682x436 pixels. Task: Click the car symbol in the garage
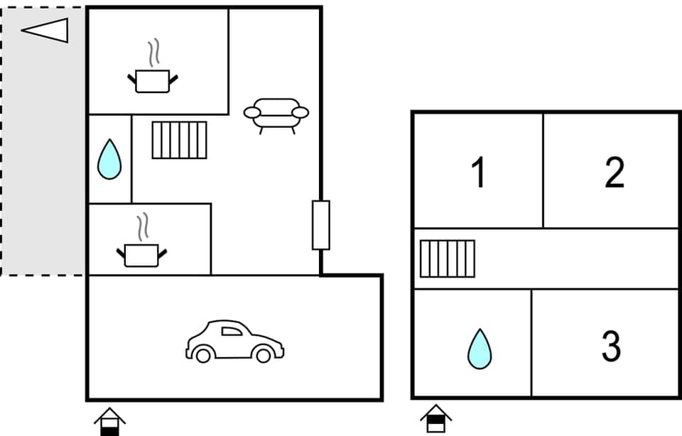click(x=234, y=342)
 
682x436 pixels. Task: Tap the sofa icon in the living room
click(x=276, y=114)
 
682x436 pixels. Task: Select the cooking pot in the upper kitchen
click(x=153, y=80)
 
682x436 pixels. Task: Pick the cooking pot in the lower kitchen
click(x=142, y=254)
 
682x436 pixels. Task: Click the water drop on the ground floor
click(x=109, y=159)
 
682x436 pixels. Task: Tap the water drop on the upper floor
click(x=480, y=349)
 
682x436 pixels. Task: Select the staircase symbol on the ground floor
click(x=179, y=140)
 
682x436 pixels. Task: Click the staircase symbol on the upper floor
click(x=447, y=258)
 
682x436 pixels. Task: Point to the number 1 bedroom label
click(x=480, y=173)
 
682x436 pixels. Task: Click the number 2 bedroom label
click(x=615, y=173)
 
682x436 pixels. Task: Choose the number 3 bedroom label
click(x=611, y=347)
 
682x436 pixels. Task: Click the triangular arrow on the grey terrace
click(x=45, y=31)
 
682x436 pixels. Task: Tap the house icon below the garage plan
click(x=109, y=420)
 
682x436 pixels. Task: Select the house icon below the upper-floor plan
click(x=435, y=418)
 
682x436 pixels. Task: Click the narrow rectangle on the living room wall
click(x=321, y=225)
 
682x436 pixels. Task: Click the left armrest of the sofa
click(x=251, y=112)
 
